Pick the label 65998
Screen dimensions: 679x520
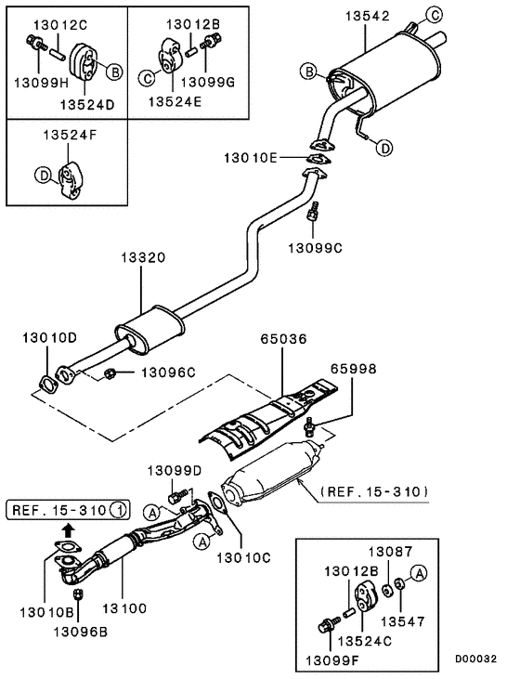click(354, 369)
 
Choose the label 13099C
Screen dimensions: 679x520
click(316, 248)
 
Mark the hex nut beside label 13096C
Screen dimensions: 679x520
click(110, 373)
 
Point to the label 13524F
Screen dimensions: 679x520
click(69, 136)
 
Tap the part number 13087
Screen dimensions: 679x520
click(393, 552)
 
